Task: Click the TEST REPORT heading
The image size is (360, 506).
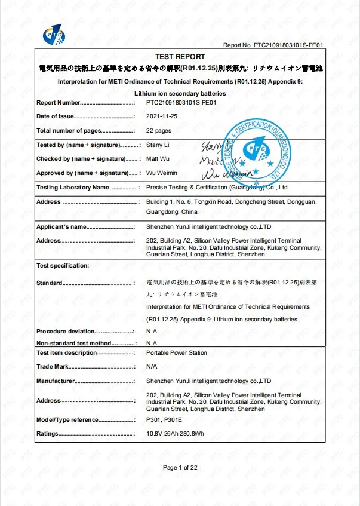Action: (x=180, y=56)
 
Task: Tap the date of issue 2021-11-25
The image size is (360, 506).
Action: (x=161, y=116)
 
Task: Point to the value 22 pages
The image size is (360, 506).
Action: (x=159, y=130)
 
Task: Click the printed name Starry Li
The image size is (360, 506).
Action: (x=158, y=145)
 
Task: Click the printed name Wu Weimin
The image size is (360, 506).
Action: (x=162, y=173)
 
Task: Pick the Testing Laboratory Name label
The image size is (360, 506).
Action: (x=73, y=188)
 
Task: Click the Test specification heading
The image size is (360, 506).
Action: (x=63, y=265)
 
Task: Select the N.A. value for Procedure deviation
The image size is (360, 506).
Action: (x=152, y=331)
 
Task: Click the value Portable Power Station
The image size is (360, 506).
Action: (x=177, y=353)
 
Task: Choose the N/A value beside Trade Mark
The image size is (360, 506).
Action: (x=152, y=366)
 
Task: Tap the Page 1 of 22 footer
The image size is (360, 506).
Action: (x=180, y=467)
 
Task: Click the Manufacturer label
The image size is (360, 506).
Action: (x=56, y=381)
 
